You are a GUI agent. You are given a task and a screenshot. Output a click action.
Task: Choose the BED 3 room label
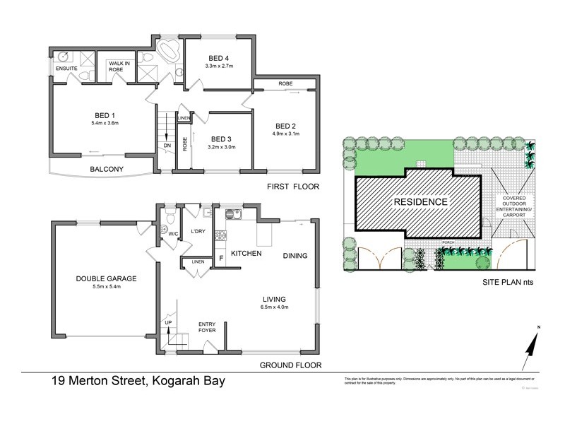click(222, 139)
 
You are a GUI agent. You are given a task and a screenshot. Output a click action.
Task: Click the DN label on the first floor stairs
click(167, 146)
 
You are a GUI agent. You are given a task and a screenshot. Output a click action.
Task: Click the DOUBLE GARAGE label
click(106, 278)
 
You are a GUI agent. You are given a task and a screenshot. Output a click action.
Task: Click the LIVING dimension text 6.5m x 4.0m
click(272, 307)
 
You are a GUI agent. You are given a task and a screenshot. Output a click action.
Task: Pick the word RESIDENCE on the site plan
click(420, 201)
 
